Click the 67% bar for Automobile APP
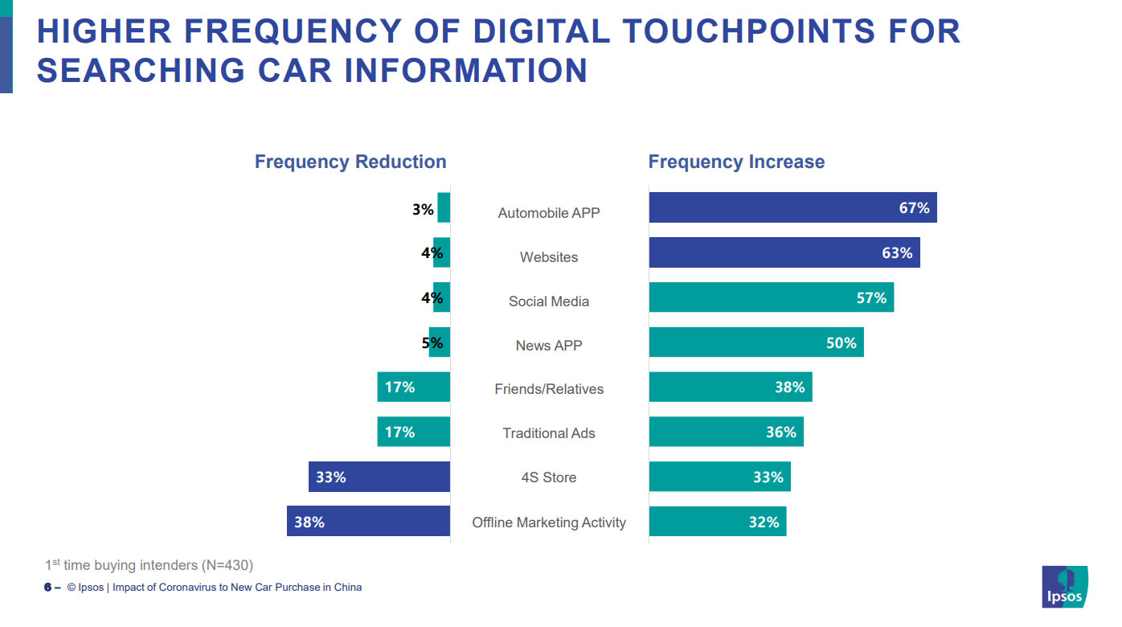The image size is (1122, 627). click(792, 207)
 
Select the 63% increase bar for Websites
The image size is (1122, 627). click(784, 252)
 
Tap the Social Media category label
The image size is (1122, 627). click(549, 301)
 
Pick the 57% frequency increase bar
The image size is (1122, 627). click(770, 297)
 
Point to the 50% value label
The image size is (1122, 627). click(841, 343)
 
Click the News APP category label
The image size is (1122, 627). click(549, 346)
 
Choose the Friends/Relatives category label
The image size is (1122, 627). click(549, 389)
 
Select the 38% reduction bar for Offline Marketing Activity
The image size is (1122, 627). click(368, 522)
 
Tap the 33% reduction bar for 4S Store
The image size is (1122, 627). click(379, 477)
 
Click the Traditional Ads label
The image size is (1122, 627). click(549, 433)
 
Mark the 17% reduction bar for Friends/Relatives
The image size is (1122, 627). click(413, 387)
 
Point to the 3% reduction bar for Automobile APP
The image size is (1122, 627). click(444, 208)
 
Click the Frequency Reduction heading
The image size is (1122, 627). click(350, 162)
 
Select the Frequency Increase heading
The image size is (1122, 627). click(736, 162)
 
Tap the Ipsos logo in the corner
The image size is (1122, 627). click(1064, 588)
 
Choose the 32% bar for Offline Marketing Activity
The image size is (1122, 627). click(717, 522)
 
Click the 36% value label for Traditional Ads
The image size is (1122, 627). click(780, 432)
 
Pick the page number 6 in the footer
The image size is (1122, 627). click(47, 588)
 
